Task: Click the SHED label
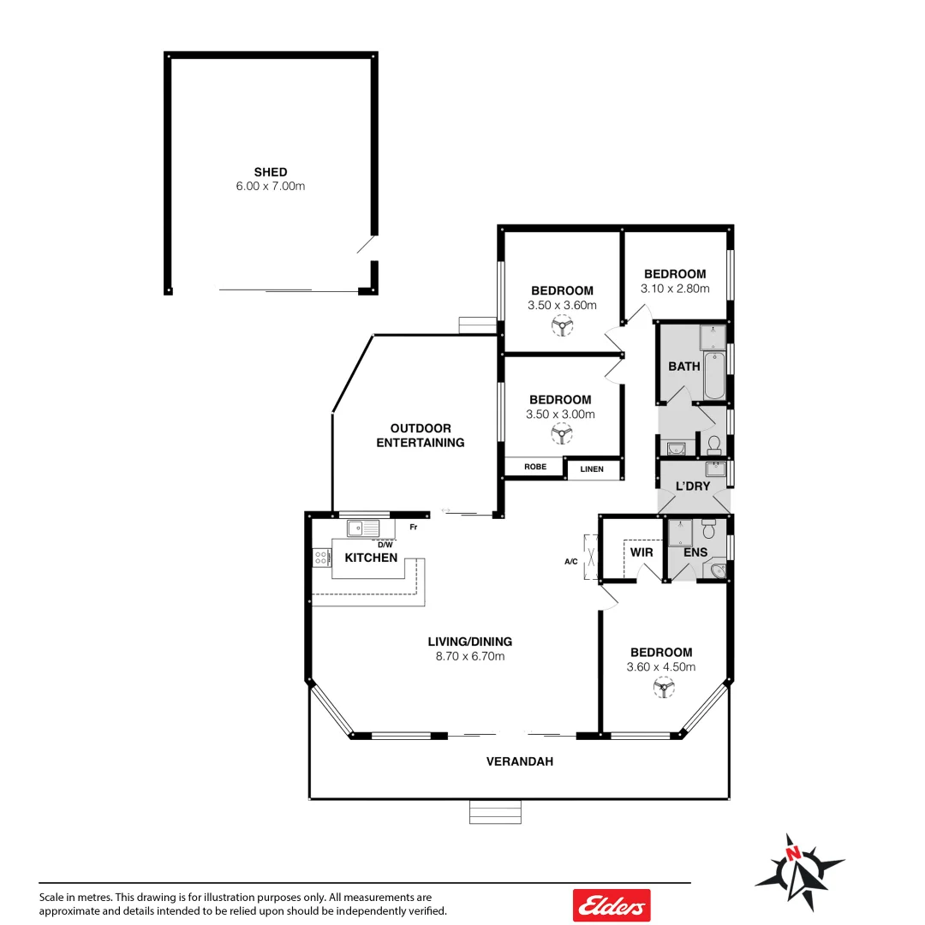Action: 270,172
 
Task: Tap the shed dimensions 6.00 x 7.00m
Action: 270,186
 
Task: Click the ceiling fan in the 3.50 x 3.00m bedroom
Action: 561,433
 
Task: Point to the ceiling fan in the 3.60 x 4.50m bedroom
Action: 663,686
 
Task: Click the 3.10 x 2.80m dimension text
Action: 675,289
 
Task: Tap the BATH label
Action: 684,367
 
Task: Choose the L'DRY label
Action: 693,486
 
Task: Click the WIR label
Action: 642,552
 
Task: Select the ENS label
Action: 695,552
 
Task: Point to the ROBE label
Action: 535,467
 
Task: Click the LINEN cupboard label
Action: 592,469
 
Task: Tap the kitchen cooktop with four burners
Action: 322,558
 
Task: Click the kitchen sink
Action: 363,528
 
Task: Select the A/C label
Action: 570,563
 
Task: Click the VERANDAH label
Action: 520,761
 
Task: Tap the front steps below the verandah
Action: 495,812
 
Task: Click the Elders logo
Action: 612,904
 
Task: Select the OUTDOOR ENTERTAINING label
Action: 421,435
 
